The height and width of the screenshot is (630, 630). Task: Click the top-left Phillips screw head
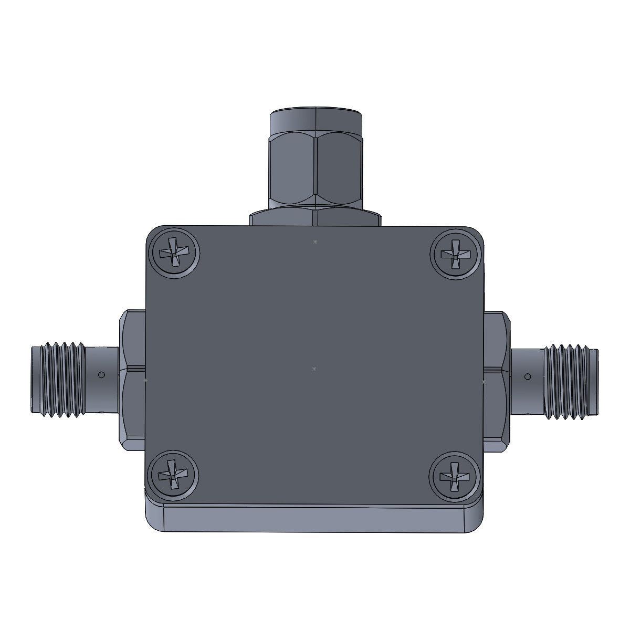pyautogui.click(x=174, y=254)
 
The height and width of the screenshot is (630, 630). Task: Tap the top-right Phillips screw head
pyautogui.click(x=455, y=254)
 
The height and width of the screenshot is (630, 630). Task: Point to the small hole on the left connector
pyautogui.click(x=102, y=375)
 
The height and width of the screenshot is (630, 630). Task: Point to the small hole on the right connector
pyautogui.click(x=527, y=376)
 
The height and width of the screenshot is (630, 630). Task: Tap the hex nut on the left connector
pyautogui.click(x=132, y=380)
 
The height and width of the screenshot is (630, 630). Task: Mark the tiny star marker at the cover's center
pyautogui.click(x=314, y=369)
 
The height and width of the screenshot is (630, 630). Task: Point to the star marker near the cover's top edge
pyautogui.click(x=315, y=241)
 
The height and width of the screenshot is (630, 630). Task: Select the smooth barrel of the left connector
pyautogui.click(x=103, y=383)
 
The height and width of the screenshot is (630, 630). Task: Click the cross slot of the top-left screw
pyautogui.click(x=174, y=254)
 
